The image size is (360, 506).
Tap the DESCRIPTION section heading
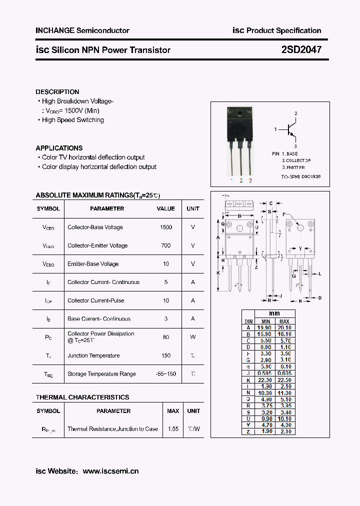tap(57, 92)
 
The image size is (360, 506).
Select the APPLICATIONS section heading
tap(59, 148)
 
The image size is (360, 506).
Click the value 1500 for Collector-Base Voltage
tap(165, 227)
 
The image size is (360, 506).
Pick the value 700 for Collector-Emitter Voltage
tap(165, 245)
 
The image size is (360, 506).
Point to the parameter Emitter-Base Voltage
tap(93, 264)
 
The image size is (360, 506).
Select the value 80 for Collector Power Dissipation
tap(165, 337)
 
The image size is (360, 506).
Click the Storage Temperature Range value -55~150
tap(165, 374)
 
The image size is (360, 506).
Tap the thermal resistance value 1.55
tap(173, 429)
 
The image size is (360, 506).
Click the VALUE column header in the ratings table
tap(165, 208)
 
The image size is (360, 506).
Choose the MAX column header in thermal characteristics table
tap(173, 411)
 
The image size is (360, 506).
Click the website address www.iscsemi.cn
tap(110, 471)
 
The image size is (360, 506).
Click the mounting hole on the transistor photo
tap(246, 111)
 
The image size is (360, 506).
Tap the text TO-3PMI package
tap(300, 176)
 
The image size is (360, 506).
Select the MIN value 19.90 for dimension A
tap(265, 328)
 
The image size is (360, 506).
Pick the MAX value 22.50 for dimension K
tap(284, 380)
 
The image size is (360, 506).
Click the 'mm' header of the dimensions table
tap(274, 314)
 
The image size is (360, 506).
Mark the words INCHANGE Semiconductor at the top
tap(82, 30)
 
